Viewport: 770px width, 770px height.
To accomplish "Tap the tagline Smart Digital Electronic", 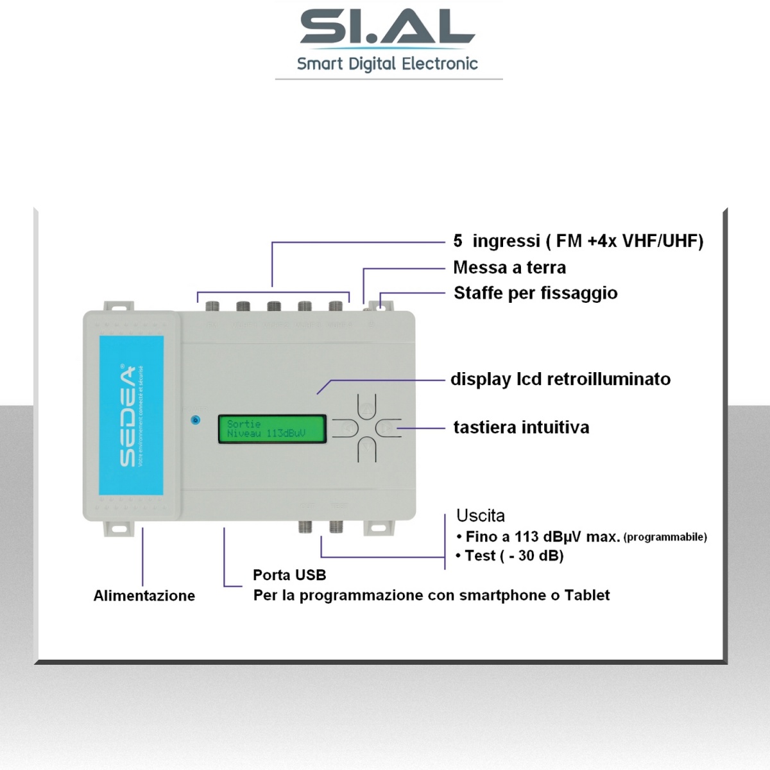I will click(387, 64).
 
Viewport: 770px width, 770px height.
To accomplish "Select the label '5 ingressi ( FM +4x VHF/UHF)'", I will click(578, 241).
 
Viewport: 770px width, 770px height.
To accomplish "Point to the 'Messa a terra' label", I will click(509, 268).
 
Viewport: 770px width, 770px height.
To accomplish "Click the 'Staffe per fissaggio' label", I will click(535, 293).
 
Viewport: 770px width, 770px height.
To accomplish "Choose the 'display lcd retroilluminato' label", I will click(560, 379).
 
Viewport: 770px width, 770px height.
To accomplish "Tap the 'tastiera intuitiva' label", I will click(521, 427).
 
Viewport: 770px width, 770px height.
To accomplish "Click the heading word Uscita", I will click(481, 516).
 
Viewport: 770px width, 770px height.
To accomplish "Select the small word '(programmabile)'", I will click(665, 537).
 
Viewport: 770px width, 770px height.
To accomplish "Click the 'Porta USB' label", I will click(289, 575).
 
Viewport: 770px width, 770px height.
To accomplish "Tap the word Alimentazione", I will click(144, 595).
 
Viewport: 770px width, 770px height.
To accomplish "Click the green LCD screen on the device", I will click(271, 429).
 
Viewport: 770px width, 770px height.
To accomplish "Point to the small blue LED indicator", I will click(196, 420).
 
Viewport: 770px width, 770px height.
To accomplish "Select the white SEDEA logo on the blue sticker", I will click(127, 416).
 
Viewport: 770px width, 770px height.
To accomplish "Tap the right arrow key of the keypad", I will click(386, 427).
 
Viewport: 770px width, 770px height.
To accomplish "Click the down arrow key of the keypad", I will click(366, 445).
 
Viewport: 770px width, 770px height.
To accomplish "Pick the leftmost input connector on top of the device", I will click(212, 307).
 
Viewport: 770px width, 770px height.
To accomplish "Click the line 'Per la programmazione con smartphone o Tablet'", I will click(431, 595).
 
